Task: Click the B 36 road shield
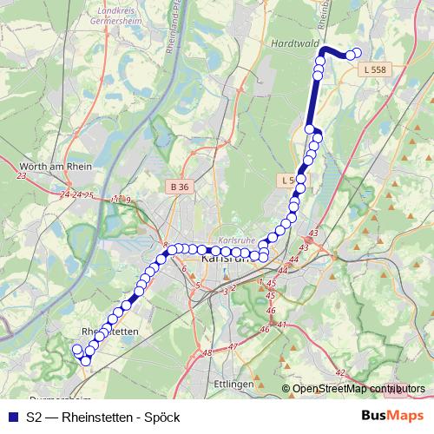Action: click(180, 187)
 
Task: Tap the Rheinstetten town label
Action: click(109, 331)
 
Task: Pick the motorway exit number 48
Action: click(206, 352)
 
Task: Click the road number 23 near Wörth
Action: click(22, 176)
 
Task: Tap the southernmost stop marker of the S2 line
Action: click(85, 361)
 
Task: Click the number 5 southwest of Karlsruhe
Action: click(198, 286)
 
